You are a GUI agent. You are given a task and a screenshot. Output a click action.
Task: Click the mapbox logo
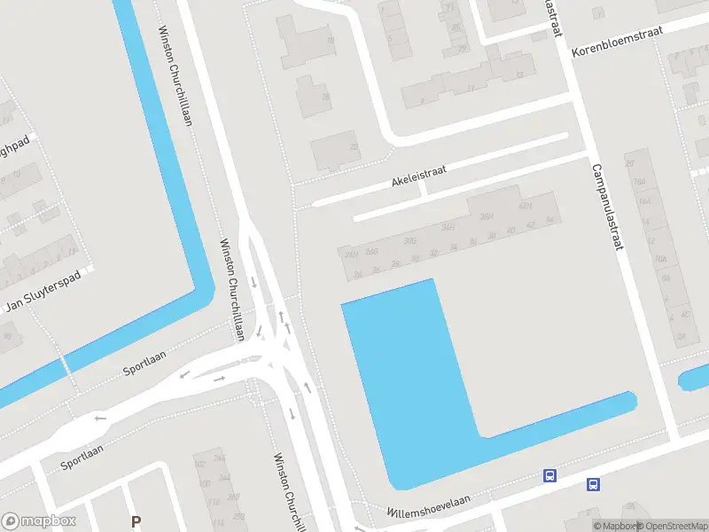pyautogui.click(x=39, y=521)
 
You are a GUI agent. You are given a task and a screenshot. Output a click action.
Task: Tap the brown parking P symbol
pyautogui.click(x=136, y=521)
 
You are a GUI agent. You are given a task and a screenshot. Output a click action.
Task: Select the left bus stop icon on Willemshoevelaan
pyautogui.click(x=550, y=476)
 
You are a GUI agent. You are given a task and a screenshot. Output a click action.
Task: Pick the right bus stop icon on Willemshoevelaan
pyautogui.click(x=593, y=484)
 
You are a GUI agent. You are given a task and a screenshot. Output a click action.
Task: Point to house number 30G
pyautogui.click(x=409, y=240)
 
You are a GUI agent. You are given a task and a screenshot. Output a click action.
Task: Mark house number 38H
pyautogui.click(x=487, y=216)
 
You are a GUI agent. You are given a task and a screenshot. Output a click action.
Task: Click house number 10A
pyautogui.click(x=660, y=259)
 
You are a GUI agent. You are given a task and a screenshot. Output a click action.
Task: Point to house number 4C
pyautogui.click(x=684, y=314)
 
